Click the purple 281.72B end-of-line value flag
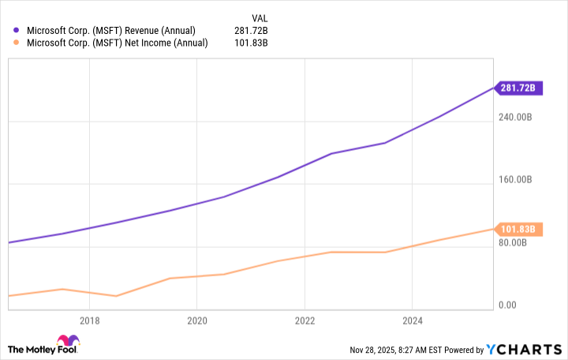518,88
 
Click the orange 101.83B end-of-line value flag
518,230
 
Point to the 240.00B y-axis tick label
517,118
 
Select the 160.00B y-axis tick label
517,180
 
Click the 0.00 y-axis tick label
507,306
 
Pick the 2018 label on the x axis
89,321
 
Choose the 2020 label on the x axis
197,321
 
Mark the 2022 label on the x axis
305,321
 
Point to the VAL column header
259,17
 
